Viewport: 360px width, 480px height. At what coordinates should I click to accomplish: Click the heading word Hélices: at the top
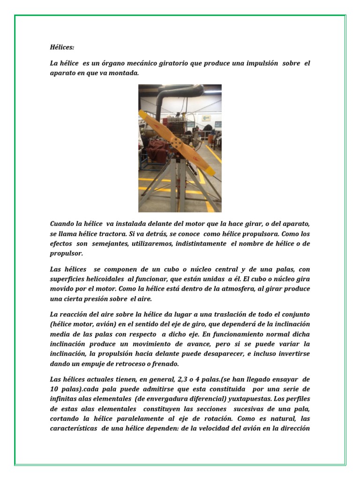62,47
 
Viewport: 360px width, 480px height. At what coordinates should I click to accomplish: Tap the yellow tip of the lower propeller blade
210,171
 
